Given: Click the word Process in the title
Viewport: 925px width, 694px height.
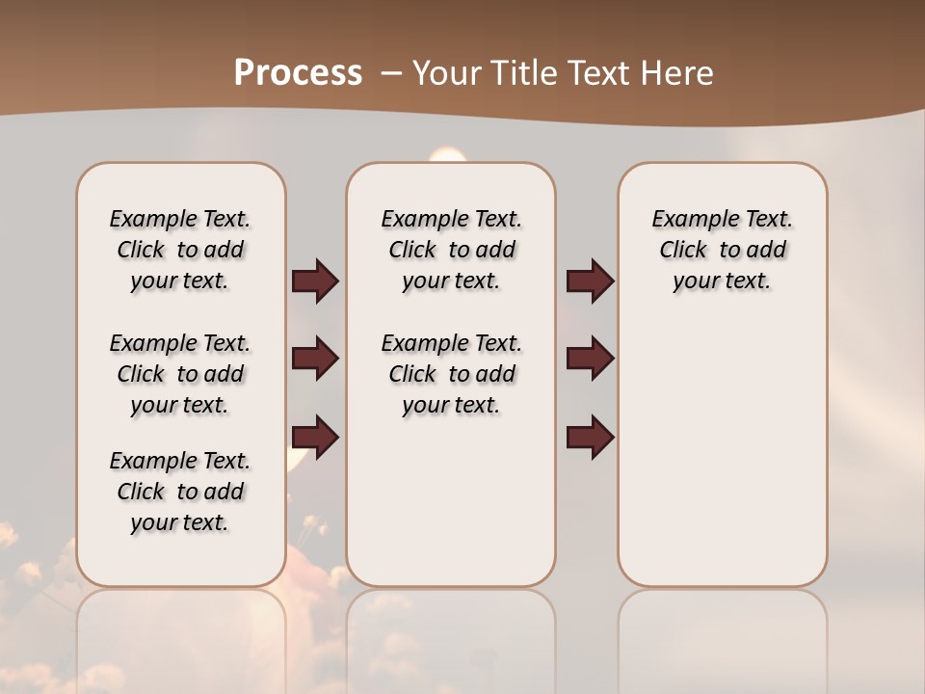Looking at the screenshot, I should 298,73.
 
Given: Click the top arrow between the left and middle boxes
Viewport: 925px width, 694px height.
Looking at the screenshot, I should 315,280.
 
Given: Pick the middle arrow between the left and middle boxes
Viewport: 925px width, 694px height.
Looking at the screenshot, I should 315,359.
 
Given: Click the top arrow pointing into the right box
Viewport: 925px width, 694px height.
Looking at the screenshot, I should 590,280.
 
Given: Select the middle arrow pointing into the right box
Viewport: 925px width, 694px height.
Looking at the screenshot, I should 590,359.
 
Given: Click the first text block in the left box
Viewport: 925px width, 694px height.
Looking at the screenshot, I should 180,250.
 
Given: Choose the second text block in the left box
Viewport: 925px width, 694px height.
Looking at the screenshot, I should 180,374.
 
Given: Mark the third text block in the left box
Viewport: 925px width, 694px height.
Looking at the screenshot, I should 180,492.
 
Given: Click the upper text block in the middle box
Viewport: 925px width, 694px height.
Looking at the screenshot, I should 451,250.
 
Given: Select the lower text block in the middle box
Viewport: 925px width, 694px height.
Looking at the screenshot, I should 451,374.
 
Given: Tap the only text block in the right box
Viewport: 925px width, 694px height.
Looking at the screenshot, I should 722,250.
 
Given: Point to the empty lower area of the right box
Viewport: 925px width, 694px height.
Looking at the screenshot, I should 722,453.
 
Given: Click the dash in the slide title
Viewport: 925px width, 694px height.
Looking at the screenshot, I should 392,73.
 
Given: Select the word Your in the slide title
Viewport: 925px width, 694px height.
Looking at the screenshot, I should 442,73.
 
